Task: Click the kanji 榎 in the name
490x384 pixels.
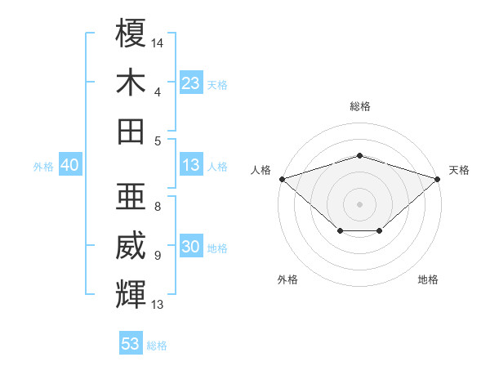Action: (131, 33)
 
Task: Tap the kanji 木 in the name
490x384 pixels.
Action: (131, 82)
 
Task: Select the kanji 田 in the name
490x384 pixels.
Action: (131, 132)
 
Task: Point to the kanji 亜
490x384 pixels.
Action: (131, 196)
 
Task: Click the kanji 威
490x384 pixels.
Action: (131, 245)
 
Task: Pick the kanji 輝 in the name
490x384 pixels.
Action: (131, 294)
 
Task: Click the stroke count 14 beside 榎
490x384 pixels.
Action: (157, 43)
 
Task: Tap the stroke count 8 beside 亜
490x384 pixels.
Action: (158, 207)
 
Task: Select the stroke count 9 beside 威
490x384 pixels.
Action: (158, 256)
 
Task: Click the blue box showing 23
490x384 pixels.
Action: (191, 83)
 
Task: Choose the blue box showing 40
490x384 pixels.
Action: (70, 164)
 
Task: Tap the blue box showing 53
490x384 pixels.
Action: (131, 342)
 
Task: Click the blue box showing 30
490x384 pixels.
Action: (191, 245)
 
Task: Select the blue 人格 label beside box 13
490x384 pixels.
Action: (217, 167)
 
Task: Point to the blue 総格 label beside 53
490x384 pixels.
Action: (157, 346)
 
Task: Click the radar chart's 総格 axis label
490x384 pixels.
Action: (360, 106)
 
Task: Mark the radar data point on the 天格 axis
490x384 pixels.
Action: (438, 179)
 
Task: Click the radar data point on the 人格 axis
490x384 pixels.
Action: (283, 179)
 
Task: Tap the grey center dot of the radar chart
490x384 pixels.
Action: (359, 204)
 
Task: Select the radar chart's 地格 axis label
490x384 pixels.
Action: (428, 279)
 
